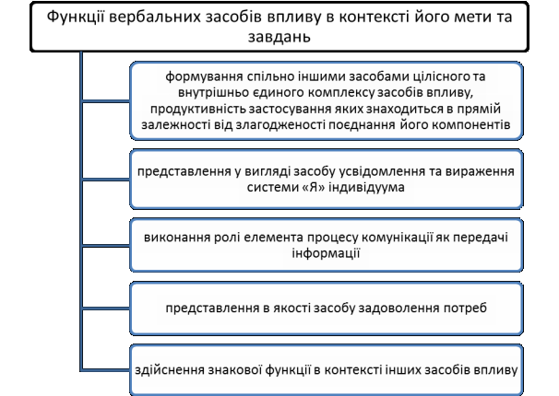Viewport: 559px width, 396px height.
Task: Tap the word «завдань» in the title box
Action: coord(279,37)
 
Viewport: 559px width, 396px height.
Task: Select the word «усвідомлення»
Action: coord(381,171)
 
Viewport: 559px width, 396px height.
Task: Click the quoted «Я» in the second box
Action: coord(313,187)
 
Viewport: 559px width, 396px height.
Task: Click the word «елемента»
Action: coord(273,238)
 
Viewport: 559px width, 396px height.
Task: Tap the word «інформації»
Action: coord(326,253)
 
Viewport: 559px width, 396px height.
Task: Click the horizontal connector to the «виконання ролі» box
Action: coord(106,246)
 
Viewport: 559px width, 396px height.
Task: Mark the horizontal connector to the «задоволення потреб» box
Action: coord(106,309)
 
